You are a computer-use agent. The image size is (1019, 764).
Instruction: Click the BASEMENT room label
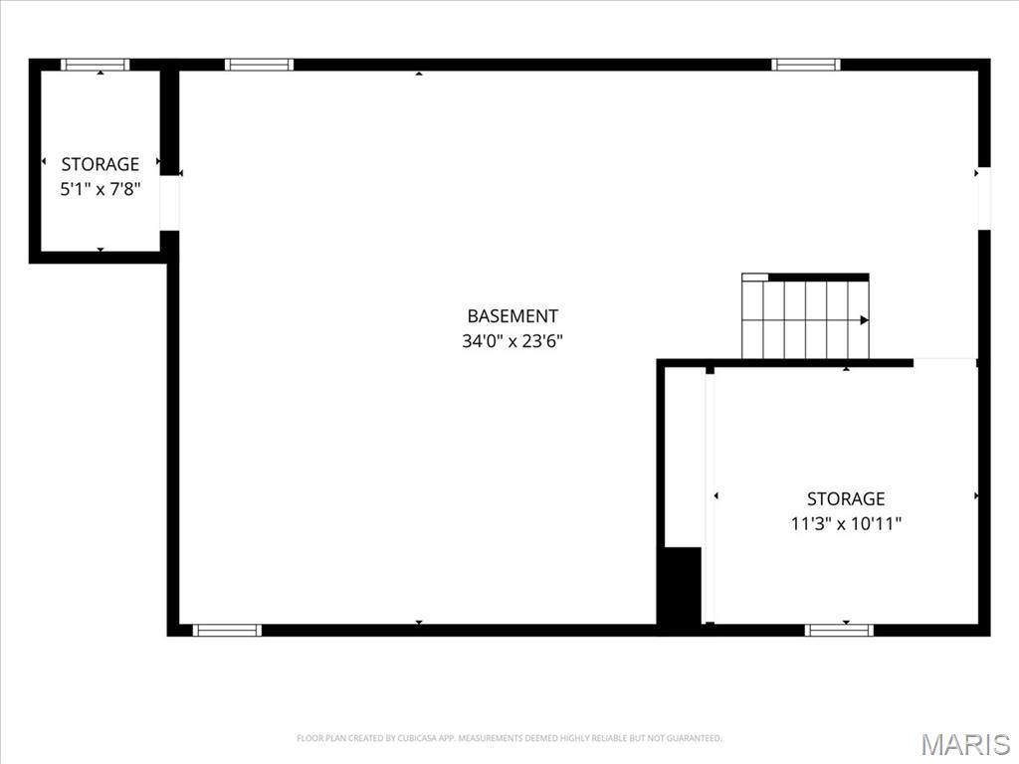[x=512, y=316]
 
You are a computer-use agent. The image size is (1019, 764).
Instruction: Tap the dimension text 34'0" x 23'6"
[x=512, y=341]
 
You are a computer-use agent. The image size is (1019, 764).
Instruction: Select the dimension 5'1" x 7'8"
[x=100, y=188]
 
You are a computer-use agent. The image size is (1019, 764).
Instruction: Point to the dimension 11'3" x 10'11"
[x=846, y=523]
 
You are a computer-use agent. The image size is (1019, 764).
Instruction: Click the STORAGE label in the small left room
[x=100, y=164]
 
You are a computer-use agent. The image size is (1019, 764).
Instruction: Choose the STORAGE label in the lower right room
[x=846, y=498]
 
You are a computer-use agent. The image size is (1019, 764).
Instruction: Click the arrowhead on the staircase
[x=864, y=320]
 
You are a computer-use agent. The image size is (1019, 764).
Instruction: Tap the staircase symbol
[x=805, y=318]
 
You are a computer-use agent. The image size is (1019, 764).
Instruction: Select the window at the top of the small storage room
[x=96, y=65]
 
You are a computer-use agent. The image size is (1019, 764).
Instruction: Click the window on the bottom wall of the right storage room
[x=839, y=630]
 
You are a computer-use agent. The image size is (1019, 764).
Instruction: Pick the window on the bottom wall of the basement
[x=227, y=630]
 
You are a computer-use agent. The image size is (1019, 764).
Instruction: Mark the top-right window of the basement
[x=806, y=65]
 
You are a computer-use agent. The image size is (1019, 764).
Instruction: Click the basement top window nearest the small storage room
[x=259, y=65]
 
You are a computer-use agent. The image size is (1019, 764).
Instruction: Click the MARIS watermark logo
[x=965, y=744]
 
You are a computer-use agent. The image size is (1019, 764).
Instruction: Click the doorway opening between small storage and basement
[x=170, y=203]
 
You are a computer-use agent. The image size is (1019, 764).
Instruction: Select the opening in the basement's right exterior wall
[x=984, y=198]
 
